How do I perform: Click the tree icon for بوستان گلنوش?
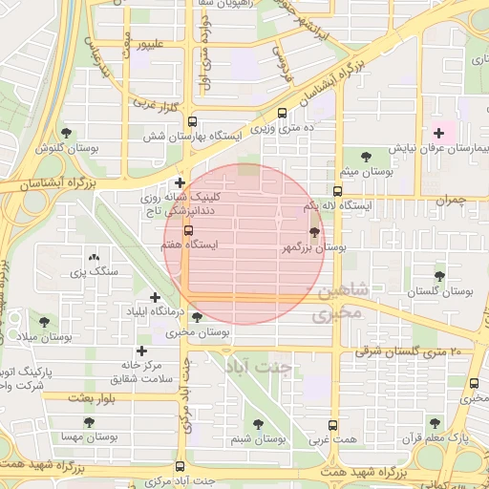(x=66, y=133)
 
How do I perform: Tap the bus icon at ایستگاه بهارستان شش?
(x=192, y=122)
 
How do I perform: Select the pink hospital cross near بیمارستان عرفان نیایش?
(x=438, y=133)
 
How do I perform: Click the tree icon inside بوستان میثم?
(x=366, y=157)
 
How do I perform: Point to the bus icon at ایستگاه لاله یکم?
(x=335, y=191)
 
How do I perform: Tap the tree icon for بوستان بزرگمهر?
(x=315, y=232)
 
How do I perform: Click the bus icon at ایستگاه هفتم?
(x=188, y=230)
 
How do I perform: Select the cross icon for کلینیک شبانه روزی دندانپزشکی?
(x=180, y=181)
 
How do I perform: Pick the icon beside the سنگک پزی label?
(x=94, y=257)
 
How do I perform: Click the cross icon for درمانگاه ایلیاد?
(x=156, y=297)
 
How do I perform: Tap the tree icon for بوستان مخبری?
(x=197, y=317)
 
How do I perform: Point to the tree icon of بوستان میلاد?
(x=43, y=322)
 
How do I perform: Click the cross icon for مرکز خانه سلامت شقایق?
(x=143, y=351)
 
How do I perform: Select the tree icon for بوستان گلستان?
(x=439, y=276)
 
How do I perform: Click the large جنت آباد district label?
(x=261, y=366)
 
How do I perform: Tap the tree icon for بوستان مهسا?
(x=89, y=420)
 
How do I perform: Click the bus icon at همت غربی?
(x=333, y=425)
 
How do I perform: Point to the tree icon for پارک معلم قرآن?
(x=435, y=422)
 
